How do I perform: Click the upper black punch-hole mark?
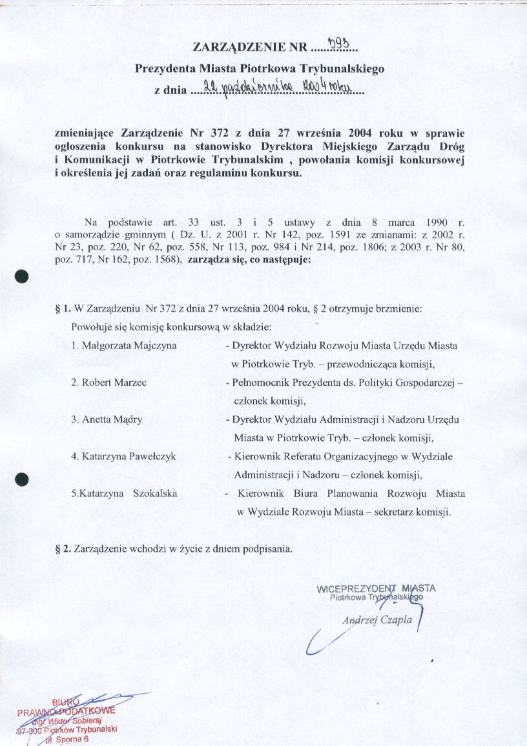[x=23, y=276]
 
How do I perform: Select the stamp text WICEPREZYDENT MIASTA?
[x=377, y=588]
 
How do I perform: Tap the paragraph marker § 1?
[x=63, y=308]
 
